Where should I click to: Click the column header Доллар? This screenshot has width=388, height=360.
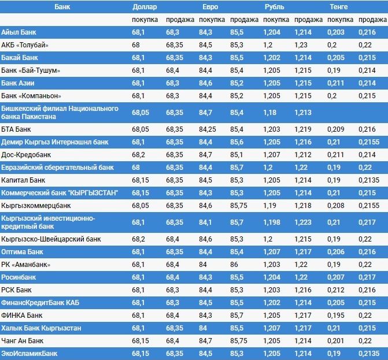[144, 7]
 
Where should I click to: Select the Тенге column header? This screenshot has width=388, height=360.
[339, 7]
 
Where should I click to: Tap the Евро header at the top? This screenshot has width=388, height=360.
[211, 7]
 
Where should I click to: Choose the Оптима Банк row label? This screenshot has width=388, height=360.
[23, 252]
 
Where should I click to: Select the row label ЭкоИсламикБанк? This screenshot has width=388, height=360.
[29, 352]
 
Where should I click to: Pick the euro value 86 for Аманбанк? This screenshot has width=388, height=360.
[234, 265]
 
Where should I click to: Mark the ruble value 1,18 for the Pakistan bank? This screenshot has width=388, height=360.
[269, 112]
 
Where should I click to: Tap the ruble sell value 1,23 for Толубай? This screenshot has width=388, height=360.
[301, 45]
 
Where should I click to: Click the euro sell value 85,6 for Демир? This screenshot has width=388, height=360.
[237, 141]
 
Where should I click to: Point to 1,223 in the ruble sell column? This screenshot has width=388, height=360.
[303, 222]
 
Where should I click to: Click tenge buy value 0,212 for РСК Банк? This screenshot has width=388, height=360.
[337, 290]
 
